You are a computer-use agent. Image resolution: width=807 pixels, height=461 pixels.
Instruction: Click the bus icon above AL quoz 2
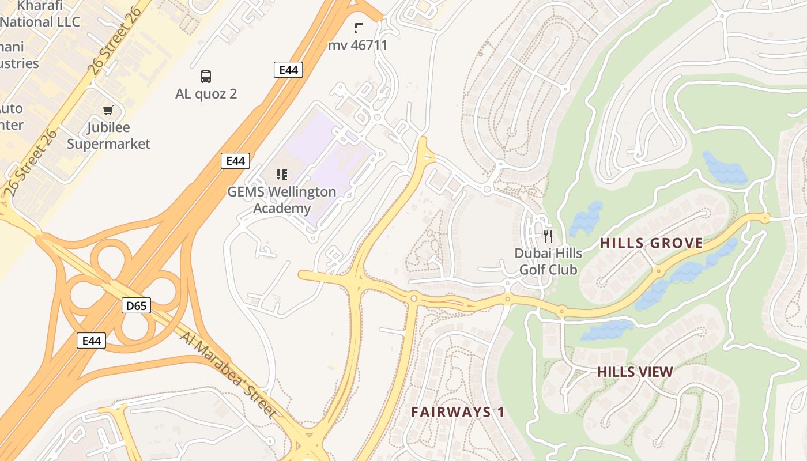(206, 76)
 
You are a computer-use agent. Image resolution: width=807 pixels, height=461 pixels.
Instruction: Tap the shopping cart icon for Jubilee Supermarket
(108, 110)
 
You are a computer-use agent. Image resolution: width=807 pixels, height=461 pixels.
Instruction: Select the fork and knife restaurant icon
(548, 235)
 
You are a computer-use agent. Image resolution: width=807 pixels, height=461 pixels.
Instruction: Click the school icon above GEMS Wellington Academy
(282, 174)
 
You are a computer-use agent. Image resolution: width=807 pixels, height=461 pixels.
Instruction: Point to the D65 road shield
(136, 305)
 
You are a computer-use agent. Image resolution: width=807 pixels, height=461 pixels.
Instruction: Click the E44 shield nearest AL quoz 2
(288, 70)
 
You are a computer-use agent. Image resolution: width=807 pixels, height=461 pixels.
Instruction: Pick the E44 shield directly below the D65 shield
(91, 341)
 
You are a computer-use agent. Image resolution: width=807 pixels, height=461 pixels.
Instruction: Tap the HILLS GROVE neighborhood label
(651, 243)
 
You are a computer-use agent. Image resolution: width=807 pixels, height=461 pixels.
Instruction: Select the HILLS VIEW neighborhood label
(635, 372)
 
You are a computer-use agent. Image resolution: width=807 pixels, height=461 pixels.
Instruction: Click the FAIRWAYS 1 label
(458, 412)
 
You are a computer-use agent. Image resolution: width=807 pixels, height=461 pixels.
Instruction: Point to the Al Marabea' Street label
(229, 374)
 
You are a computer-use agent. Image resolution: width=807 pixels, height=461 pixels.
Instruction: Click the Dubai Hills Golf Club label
(548, 261)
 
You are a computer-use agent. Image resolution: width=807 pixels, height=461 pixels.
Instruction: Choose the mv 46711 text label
(358, 45)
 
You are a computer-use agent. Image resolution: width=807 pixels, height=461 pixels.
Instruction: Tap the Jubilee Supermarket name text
(108, 135)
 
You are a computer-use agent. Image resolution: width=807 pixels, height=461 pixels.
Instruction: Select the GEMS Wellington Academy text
(281, 200)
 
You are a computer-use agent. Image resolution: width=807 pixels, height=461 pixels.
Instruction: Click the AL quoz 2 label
(206, 94)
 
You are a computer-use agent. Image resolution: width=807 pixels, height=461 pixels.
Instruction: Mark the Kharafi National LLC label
(40, 14)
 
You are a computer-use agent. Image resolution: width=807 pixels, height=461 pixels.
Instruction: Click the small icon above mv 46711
(359, 27)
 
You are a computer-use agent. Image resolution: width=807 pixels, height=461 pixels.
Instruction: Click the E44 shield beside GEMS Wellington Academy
(235, 161)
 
